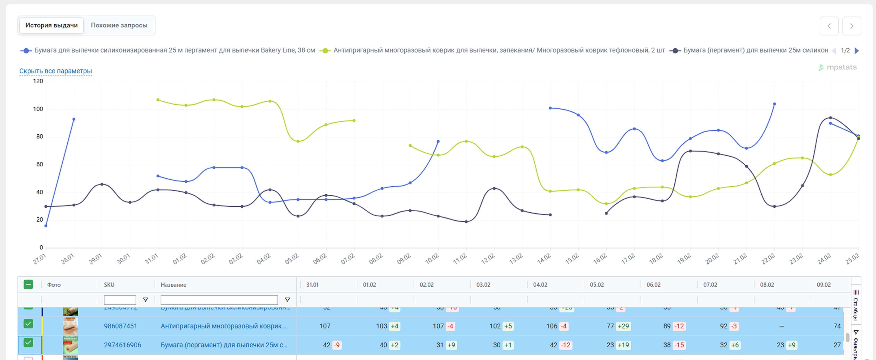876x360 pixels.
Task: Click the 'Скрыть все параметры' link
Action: tap(56, 71)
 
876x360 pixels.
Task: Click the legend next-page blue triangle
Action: tap(857, 51)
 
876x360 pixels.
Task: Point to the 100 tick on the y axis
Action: tap(38, 109)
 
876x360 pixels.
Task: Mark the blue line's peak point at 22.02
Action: tap(774, 104)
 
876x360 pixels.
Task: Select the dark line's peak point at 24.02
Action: tap(830, 118)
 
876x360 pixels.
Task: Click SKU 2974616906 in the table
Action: tap(122, 345)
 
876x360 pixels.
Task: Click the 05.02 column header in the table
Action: tap(597, 285)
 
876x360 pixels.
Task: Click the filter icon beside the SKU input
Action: tap(146, 300)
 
